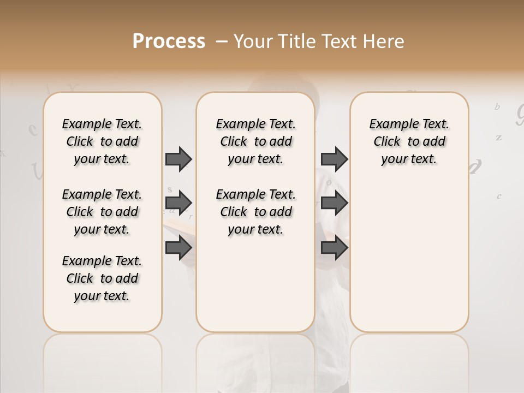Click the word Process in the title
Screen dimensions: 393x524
(169, 41)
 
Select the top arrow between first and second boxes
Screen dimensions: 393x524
(178, 159)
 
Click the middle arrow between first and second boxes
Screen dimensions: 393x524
(178, 203)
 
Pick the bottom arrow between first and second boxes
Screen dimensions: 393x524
(178, 248)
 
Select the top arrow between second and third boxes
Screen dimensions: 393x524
(334, 159)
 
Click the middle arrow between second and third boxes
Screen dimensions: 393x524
(334, 203)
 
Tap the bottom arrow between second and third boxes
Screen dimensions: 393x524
(334, 248)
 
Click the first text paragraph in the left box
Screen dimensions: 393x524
(102, 141)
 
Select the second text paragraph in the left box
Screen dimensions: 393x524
(102, 212)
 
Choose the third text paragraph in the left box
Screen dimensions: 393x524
(102, 278)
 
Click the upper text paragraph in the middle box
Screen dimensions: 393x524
(255, 141)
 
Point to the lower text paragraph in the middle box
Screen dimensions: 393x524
(255, 212)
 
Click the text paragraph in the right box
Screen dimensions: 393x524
(409, 141)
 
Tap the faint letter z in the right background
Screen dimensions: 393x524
(498, 138)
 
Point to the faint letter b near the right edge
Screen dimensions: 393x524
(497, 107)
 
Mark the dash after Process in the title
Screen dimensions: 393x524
(222, 41)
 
